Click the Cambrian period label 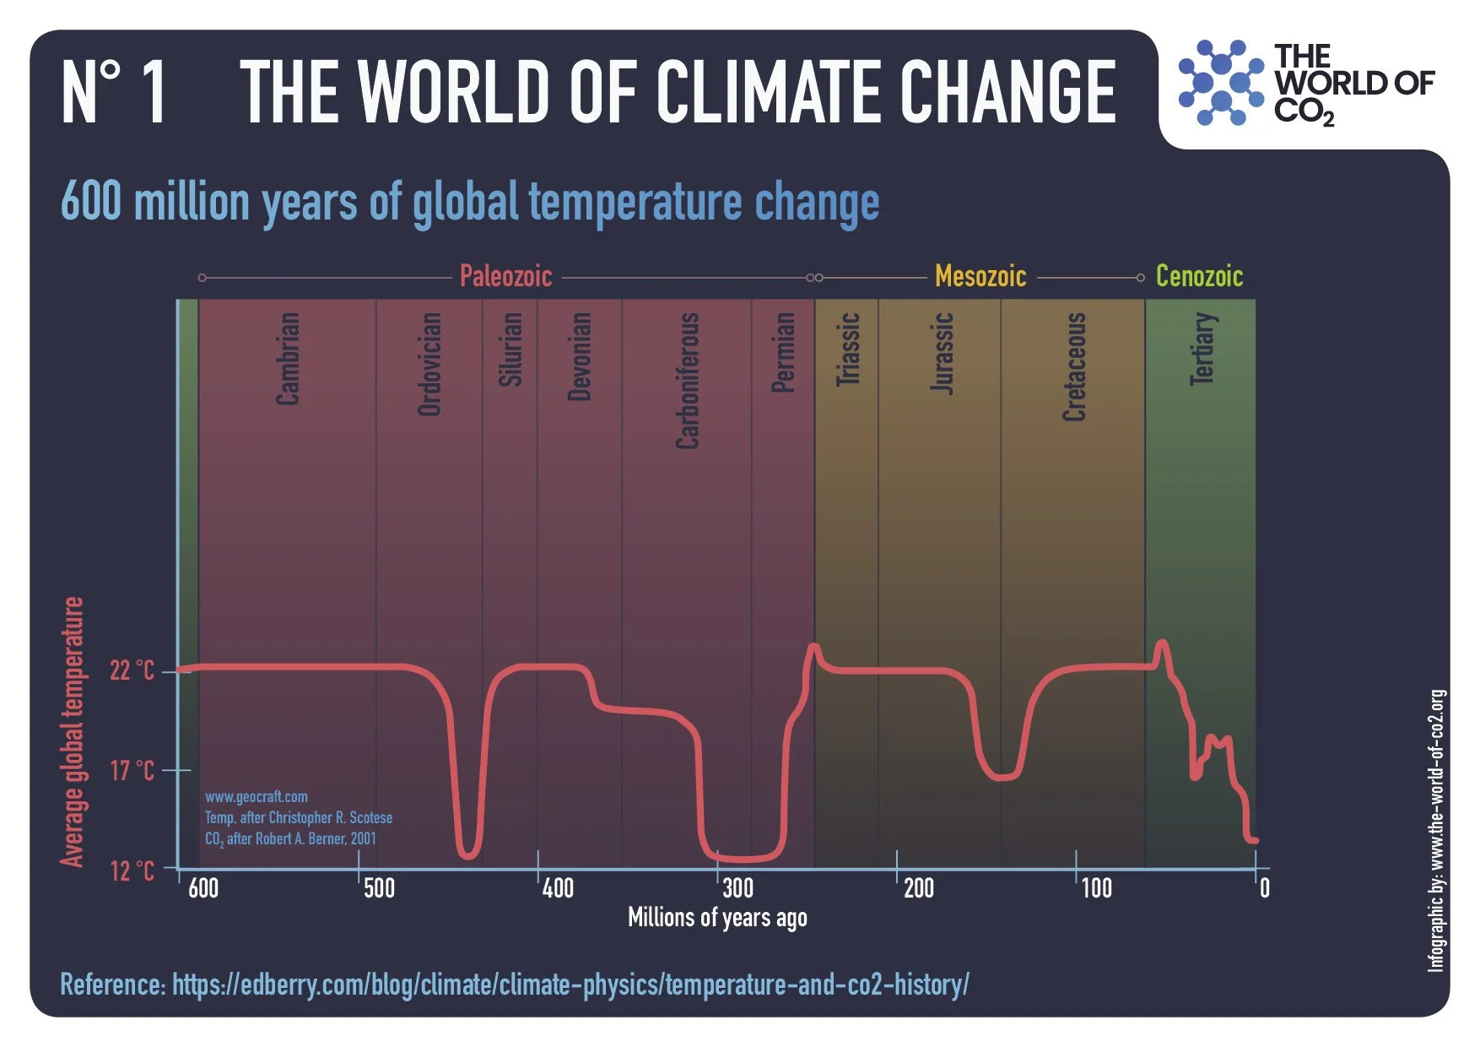(289, 359)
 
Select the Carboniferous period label (688, 380)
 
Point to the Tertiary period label (1202, 349)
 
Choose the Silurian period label (510, 350)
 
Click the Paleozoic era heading (505, 276)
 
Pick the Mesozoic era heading (980, 276)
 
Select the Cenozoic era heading (1198, 276)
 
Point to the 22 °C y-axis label (132, 670)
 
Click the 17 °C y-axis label (132, 771)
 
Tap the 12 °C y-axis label (132, 871)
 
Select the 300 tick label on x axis (737, 888)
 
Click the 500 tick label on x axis (379, 888)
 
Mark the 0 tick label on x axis (1264, 888)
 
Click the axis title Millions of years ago (717, 918)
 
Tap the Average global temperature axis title (73, 731)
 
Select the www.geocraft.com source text (257, 796)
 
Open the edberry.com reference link (570, 985)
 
